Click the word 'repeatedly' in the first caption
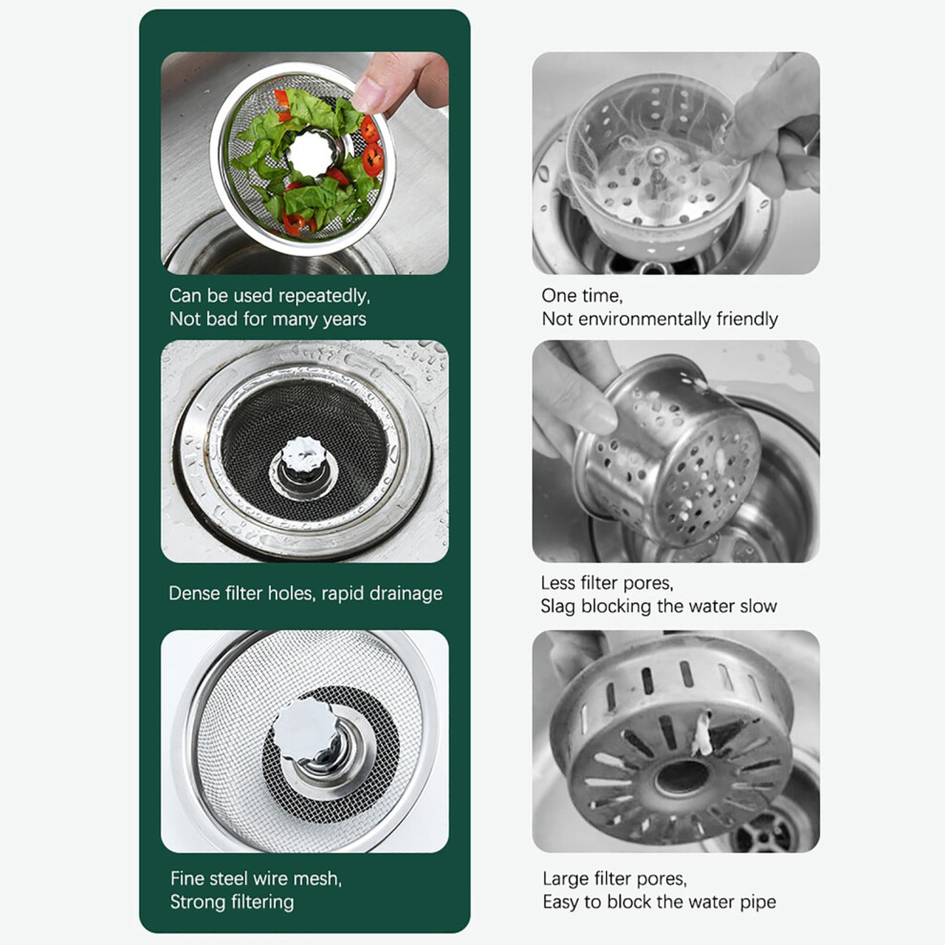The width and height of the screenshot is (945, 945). [x=325, y=297]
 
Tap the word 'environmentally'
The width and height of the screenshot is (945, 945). [x=645, y=319]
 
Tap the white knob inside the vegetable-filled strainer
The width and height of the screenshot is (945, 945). [x=310, y=153]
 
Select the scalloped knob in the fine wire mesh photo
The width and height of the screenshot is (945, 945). [x=304, y=730]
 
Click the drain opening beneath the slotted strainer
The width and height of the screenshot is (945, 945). [x=763, y=831]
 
